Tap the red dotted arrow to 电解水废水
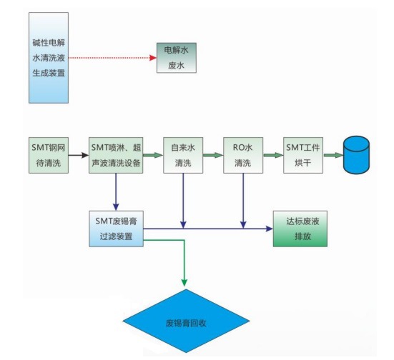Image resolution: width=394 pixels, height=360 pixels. (x=114, y=56)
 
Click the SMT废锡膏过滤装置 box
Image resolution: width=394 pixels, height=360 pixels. (x=114, y=228)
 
